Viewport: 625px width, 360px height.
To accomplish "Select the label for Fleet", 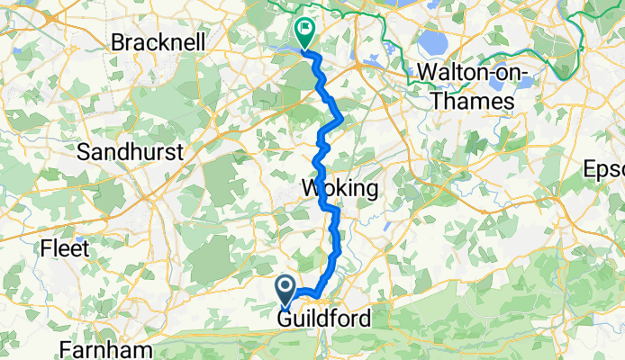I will pos(67,247).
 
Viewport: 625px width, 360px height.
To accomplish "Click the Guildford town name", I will pos(323,319).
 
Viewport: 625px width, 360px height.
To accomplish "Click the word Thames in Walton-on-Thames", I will pos(473,102).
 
